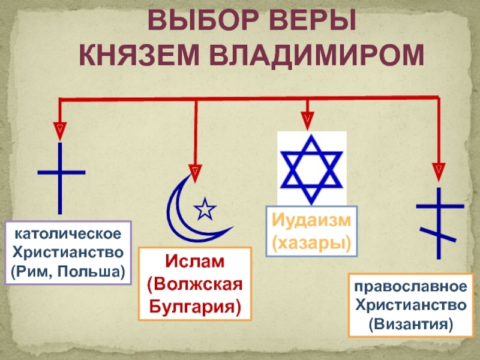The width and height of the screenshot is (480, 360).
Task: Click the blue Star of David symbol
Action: (x=311, y=170)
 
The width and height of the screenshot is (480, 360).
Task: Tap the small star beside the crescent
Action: (x=205, y=209)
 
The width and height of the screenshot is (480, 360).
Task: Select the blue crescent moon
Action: (x=180, y=210)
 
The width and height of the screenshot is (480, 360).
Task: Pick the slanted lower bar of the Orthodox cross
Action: (x=438, y=235)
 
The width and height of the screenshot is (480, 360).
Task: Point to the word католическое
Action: (x=68, y=232)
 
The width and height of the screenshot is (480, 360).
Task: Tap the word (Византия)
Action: (x=410, y=324)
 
